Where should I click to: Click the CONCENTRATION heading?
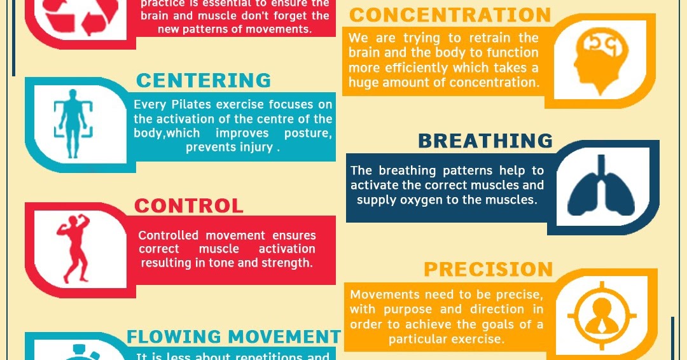(x=450, y=15)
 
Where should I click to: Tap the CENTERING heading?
(x=204, y=81)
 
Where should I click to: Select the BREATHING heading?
(x=485, y=141)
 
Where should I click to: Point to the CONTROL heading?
(x=189, y=206)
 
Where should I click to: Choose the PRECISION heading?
(x=489, y=270)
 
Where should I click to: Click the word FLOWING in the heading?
(x=174, y=336)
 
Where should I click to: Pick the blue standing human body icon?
(x=73, y=123)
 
